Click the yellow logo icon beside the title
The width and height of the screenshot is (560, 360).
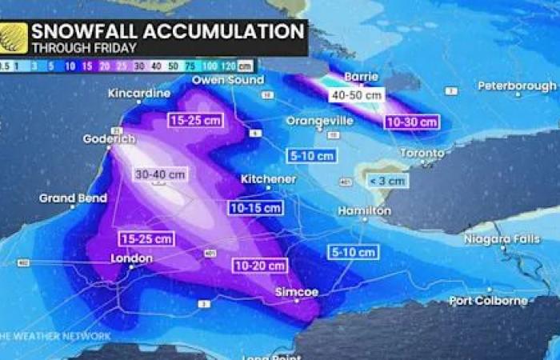point(14,38)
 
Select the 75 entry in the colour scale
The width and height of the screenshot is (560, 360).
point(190,66)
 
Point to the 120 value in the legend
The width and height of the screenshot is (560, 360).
point(227,66)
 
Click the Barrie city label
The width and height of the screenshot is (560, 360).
point(360,78)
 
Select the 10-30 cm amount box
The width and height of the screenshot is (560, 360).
point(411,122)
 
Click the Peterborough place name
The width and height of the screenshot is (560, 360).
point(517,86)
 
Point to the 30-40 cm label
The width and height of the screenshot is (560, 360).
point(160,174)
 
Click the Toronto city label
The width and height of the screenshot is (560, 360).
point(421,153)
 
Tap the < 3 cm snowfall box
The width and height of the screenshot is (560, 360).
point(386,181)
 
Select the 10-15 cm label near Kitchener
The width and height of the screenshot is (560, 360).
point(256,208)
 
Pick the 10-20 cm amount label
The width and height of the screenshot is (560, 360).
point(260,266)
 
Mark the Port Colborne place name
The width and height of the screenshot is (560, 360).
point(488,301)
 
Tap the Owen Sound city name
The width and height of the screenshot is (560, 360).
point(228,81)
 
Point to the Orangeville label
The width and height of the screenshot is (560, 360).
point(319,121)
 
